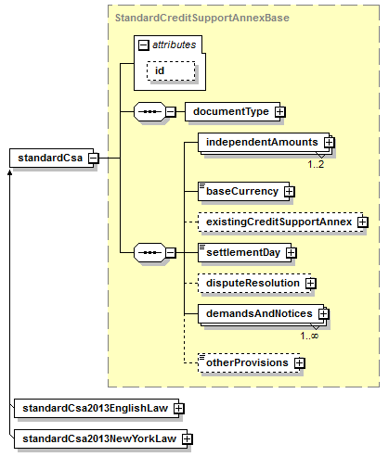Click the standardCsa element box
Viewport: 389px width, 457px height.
[x=51, y=158]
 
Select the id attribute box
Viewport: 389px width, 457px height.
[x=171, y=70]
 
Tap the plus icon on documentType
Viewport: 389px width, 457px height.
[x=280, y=112]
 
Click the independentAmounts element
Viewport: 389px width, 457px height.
[x=265, y=143]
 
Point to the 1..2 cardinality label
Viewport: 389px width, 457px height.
[x=316, y=164]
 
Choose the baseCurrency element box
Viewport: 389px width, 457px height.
[x=243, y=192]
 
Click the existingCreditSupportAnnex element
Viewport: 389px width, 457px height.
[x=280, y=222]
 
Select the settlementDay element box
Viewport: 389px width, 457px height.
[x=244, y=252]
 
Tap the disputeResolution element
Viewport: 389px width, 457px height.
[x=254, y=283]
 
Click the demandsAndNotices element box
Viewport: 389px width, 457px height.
[x=262, y=314]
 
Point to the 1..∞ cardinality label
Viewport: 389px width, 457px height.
[x=309, y=336]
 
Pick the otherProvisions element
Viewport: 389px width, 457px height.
[x=249, y=362]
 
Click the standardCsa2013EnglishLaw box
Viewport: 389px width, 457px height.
[x=97, y=408]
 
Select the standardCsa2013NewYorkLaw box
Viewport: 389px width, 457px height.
[x=100, y=438]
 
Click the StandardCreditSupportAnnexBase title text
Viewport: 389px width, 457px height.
[x=202, y=18]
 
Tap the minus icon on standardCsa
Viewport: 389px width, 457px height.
[x=94, y=159]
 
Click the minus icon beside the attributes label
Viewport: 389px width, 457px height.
[x=144, y=45]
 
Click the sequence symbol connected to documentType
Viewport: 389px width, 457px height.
[x=149, y=111]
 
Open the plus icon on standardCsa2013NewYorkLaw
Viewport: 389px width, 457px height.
[x=188, y=439]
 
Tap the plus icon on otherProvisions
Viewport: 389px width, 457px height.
[x=299, y=363]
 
